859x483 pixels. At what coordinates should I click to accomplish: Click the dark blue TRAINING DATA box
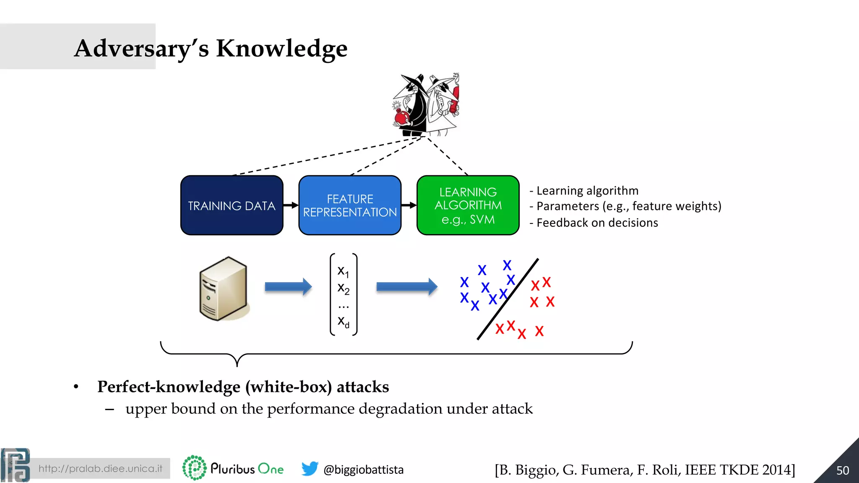coord(232,205)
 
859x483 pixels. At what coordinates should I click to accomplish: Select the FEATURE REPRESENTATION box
coord(350,205)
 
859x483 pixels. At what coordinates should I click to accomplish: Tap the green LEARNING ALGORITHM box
coord(468,205)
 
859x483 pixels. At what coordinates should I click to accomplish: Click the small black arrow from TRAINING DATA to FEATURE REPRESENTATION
coord(291,205)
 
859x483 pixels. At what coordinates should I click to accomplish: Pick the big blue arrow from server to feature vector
coord(288,287)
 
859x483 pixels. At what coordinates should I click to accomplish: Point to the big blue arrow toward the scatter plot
coord(406,287)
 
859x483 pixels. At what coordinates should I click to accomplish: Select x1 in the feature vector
coord(343,271)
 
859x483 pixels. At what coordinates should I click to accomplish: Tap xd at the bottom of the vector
coord(343,322)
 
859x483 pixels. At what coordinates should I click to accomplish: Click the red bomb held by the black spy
coord(402,117)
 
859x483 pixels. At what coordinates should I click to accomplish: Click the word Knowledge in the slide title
coord(281,48)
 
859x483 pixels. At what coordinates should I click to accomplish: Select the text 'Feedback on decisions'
coord(597,223)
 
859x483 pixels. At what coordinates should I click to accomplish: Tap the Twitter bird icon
coord(310,469)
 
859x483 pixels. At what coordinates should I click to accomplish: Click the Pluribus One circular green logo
coord(195,468)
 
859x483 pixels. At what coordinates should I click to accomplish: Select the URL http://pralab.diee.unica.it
coord(100,468)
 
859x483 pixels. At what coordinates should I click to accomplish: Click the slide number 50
coord(842,470)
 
